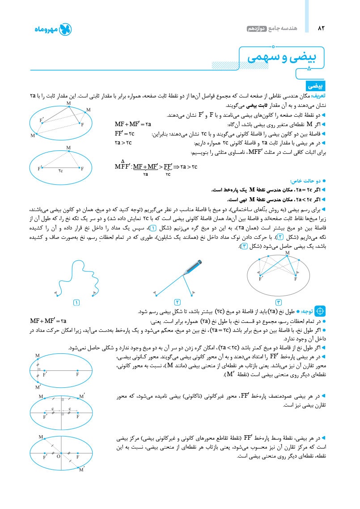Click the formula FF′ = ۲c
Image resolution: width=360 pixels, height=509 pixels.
click(x=125, y=134)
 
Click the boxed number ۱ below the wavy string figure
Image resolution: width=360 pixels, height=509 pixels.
click(x=76, y=303)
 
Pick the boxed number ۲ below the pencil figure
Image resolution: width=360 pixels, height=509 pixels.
click(x=177, y=303)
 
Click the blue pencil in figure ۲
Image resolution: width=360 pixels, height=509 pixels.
click(x=192, y=266)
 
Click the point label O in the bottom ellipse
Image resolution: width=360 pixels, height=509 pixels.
click(x=58, y=457)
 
